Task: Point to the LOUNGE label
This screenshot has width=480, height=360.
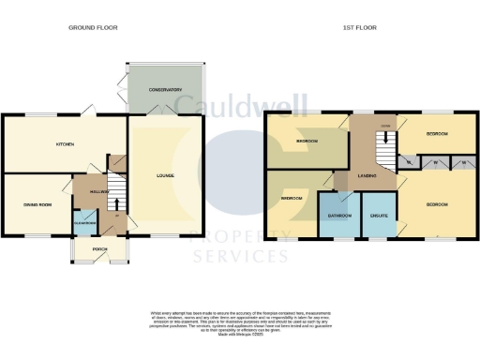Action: (165, 175)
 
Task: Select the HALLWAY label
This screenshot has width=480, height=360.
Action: (99, 191)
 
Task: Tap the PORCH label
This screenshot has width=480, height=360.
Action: (98, 249)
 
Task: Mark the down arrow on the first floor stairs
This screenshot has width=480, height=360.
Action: (384, 146)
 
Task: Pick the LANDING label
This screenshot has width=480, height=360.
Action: (368, 175)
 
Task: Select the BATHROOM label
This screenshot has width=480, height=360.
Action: (339, 216)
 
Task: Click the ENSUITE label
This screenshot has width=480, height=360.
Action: (380, 216)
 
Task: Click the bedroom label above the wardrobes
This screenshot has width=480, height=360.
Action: (437, 134)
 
